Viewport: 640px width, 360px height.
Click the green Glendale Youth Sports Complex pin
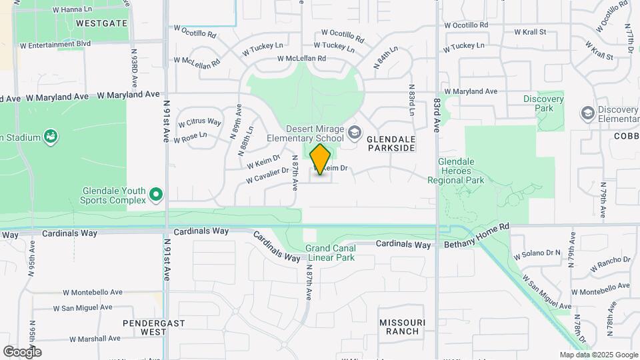157,195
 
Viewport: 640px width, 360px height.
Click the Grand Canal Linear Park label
331,253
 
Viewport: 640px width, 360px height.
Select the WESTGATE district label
101,23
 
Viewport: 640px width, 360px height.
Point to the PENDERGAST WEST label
144,327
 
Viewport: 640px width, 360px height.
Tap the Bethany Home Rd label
477,227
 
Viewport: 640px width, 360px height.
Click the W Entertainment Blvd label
55,45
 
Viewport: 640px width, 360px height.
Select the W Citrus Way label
199,123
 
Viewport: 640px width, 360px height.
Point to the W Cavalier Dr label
267,175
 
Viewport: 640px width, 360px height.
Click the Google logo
22,351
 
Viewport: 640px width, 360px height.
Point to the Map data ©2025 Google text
598,355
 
